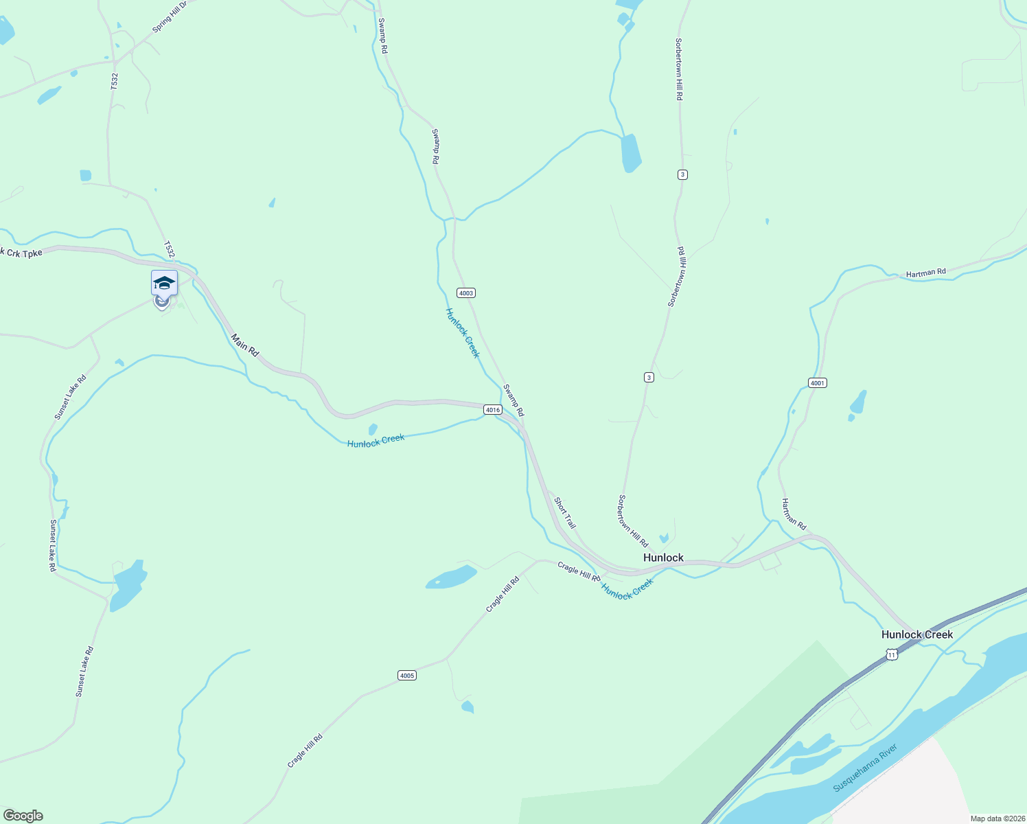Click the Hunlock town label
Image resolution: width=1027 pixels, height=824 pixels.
tap(663, 558)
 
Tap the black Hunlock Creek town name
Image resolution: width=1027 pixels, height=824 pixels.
tap(916, 634)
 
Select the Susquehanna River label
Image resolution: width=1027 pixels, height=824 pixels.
tap(865, 768)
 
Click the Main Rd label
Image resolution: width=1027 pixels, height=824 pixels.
tap(244, 345)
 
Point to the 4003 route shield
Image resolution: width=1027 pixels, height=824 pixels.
tap(466, 293)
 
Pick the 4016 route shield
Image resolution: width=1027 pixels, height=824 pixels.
tap(492, 410)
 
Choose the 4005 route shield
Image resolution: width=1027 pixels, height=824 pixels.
tap(407, 676)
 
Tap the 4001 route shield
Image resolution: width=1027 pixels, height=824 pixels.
tap(817, 383)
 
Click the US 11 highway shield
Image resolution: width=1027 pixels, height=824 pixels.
tap(891, 654)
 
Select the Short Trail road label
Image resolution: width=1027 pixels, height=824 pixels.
tap(565, 513)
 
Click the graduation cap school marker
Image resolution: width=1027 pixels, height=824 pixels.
tap(164, 282)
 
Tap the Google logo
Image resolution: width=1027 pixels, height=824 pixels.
tap(23, 816)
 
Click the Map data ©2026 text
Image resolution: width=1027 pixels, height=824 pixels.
tap(996, 819)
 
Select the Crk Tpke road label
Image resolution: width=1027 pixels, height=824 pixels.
tap(22, 253)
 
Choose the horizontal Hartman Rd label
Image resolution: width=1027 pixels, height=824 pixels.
tap(925, 273)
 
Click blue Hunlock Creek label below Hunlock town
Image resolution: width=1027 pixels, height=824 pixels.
tap(627, 589)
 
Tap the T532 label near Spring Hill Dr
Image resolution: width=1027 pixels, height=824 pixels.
tap(115, 81)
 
